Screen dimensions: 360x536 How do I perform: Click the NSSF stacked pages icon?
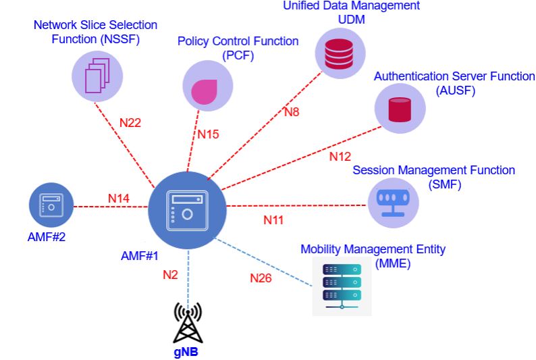pyautogui.click(x=97, y=76)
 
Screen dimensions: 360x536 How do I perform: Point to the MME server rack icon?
pyautogui.click(x=342, y=286)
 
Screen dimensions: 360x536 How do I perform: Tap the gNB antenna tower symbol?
pyautogui.click(x=188, y=323)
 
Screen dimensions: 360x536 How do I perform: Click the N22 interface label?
pyautogui.click(x=130, y=123)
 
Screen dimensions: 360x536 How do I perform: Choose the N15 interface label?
pyautogui.click(x=208, y=134)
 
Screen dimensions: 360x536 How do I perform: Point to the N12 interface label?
pyautogui.click(x=340, y=157)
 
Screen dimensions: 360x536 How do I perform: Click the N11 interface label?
pyautogui.click(x=273, y=220)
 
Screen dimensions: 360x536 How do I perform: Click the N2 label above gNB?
pyautogui.click(x=169, y=275)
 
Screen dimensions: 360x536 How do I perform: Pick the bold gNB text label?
pyautogui.click(x=187, y=352)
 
